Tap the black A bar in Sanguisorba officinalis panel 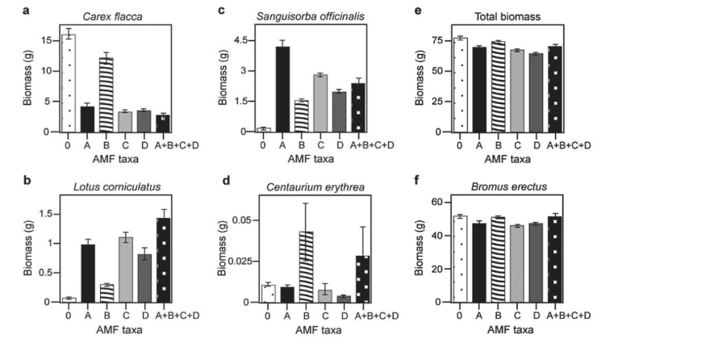pyautogui.click(x=282, y=89)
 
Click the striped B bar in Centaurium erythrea pyautogui.click(x=302, y=267)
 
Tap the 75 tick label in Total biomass pyautogui.click(x=440, y=39)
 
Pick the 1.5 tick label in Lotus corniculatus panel pyautogui.click(x=45, y=213)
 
